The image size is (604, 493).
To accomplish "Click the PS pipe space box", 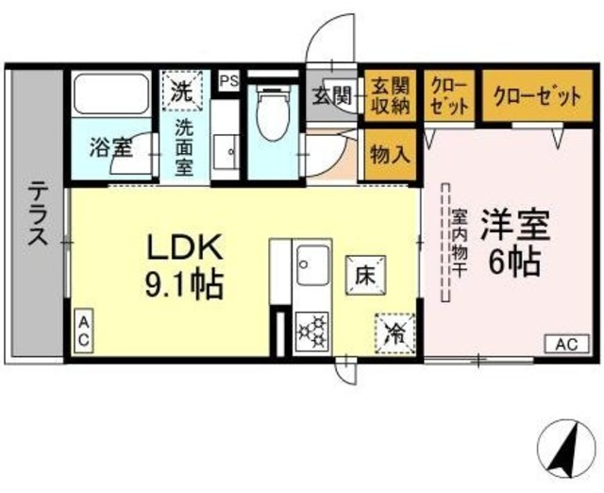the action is point(228,80).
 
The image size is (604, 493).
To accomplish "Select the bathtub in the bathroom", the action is point(111,94).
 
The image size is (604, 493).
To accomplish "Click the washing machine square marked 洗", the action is point(182,91).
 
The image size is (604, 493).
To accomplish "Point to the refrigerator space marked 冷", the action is point(395,333).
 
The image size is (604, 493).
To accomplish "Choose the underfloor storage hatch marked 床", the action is point(365,275).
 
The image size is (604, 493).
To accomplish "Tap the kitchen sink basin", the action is point(312,264).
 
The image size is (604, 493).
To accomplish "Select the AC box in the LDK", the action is point(84,331).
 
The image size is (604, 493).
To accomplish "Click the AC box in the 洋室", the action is point(567,344).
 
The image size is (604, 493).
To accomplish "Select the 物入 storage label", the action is point(390,155).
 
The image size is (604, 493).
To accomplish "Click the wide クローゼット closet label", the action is point(537,96).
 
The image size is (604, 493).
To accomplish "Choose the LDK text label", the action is point(185,247).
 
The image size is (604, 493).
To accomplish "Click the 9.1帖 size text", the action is point(185,286).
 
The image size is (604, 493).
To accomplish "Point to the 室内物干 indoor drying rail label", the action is point(459,243).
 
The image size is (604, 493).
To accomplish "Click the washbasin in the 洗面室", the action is point(226,152).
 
